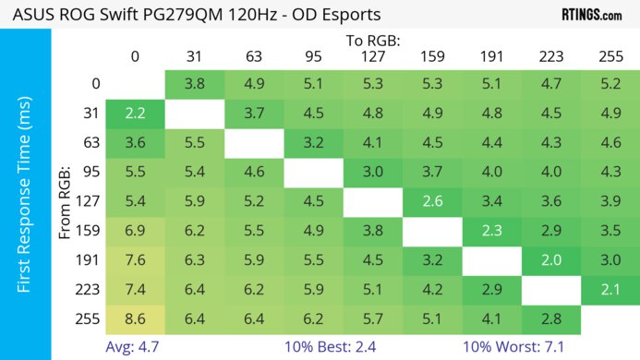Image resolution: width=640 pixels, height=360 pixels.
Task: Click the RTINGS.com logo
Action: pos(591,15)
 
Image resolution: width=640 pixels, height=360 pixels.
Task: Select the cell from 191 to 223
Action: pos(551,260)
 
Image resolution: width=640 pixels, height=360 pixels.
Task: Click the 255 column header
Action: pos(610,57)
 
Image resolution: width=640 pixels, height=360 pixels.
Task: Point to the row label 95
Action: pos(91,173)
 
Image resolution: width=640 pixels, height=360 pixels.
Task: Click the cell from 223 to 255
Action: pos(610,291)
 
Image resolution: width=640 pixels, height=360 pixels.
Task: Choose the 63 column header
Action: pos(254,57)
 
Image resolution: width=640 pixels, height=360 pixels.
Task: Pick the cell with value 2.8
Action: pos(551,320)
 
